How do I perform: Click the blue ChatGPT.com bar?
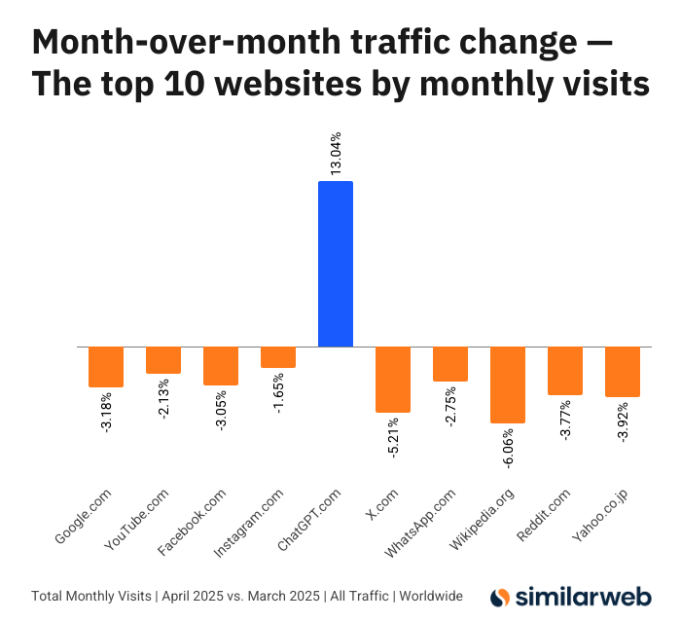tap(336, 264)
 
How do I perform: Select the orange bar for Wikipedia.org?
tap(508, 384)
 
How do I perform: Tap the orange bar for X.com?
tap(393, 379)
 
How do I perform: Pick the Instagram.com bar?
tap(278, 356)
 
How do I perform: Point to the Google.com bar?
tap(106, 366)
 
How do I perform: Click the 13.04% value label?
tap(336, 154)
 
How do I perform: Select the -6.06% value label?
tap(508, 452)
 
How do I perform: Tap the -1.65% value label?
tap(278, 391)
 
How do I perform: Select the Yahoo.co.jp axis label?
tap(600, 517)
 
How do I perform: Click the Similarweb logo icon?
tap(500, 596)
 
